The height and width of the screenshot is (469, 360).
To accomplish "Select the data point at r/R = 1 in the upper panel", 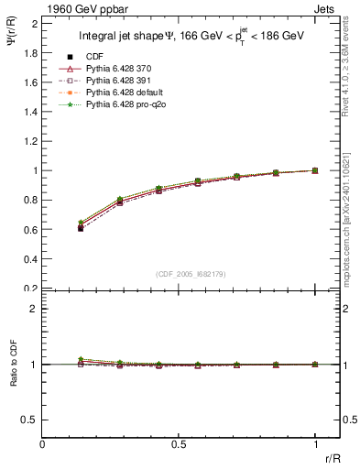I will pos(315,170).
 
